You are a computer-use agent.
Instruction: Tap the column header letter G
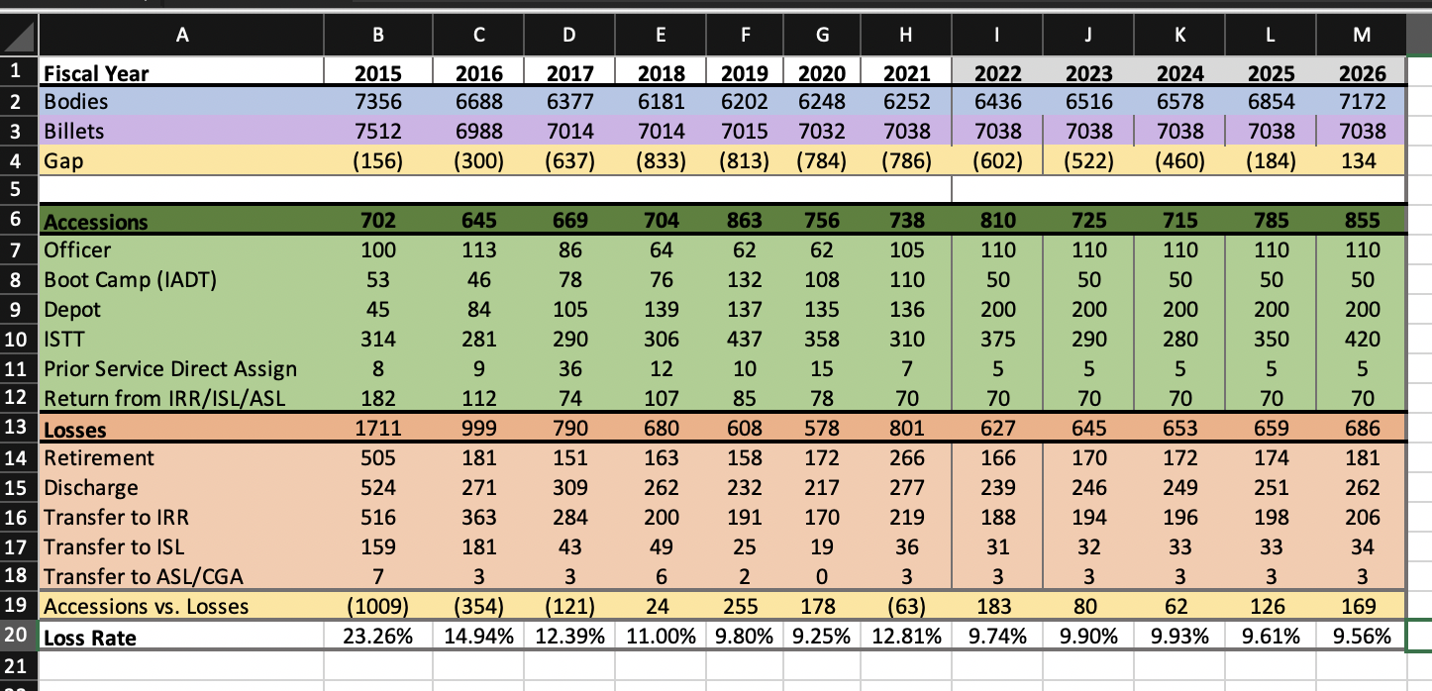[820, 37]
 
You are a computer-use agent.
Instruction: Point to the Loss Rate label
[90, 638]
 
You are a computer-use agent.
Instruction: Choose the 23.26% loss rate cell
[377, 637]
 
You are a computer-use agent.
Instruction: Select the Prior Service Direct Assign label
[170, 369]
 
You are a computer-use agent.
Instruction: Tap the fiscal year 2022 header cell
[997, 73]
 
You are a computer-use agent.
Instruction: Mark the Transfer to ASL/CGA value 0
[822, 576]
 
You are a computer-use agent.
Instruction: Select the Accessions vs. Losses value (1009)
[377, 606]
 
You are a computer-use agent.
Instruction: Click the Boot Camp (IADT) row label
[130, 280]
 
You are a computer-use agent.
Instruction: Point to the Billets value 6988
[478, 132]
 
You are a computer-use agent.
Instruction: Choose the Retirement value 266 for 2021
[902, 458]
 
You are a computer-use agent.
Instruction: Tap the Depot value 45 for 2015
[377, 310]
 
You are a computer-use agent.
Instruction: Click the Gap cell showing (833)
[661, 160]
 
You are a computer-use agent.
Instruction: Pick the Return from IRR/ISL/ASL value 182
[377, 399]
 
